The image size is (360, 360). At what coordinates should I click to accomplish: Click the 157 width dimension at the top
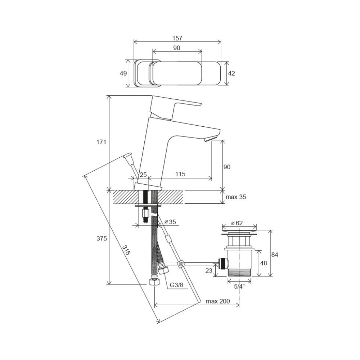[x=177, y=38]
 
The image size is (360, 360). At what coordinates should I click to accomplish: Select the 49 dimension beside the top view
[x=123, y=73]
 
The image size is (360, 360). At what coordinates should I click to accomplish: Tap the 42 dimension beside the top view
[x=231, y=73]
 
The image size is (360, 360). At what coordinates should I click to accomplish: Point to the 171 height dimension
[x=101, y=142]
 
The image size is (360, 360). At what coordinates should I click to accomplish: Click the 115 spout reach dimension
[x=180, y=174]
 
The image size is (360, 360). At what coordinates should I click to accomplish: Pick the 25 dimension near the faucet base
[x=143, y=175]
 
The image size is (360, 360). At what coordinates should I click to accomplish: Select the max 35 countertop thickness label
[x=236, y=197]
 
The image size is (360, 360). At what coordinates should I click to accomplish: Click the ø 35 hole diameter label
[x=170, y=222]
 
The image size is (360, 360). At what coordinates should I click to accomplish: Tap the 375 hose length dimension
[x=102, y=239]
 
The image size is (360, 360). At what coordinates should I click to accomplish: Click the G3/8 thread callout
[x=176, y=285]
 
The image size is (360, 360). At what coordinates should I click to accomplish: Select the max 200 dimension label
[x=218, y=301]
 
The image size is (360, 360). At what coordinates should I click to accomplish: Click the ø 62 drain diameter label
[x=237, y=223]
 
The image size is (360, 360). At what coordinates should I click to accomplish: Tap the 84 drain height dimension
[x=275, y=255]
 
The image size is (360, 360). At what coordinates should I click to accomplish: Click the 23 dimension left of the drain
[x=209, y=271]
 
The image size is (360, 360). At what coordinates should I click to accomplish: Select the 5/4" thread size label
[x=239, y=286]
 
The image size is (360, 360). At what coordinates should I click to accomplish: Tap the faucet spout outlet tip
[x=210, y=139]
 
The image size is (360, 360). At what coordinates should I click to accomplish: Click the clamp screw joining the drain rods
[x=181, y=264]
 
